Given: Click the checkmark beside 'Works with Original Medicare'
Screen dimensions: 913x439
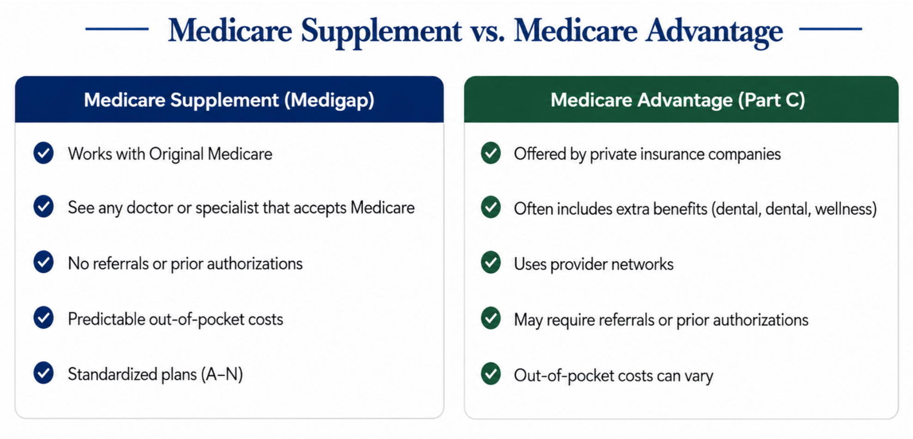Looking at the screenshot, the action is coord(43,153).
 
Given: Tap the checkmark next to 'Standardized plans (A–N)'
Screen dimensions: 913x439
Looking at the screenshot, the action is coord(43,373).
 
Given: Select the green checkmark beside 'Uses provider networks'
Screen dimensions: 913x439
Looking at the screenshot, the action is coord(491,263).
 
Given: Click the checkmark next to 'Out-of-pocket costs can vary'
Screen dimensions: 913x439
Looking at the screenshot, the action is coord(491,374).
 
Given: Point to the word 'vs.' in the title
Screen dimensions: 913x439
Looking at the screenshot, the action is coord(487,31).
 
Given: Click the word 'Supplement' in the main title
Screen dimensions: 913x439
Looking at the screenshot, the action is coord(381,31).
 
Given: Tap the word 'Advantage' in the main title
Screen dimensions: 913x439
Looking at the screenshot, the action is coord(714,31).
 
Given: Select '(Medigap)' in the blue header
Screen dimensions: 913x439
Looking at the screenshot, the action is coord(329,100).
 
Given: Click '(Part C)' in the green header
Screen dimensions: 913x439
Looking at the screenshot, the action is coord(772,100).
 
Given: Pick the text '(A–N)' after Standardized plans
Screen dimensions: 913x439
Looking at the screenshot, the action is coord(222,374).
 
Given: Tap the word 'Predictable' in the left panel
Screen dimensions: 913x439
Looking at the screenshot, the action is coord(107,319).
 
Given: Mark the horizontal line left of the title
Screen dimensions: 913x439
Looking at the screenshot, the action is coord(117,29).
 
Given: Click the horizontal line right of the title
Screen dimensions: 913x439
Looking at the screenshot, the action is coord(830,29).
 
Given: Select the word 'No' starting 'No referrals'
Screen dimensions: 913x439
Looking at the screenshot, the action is coord(79,264).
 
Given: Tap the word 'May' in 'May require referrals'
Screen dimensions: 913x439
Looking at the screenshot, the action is coord(528,320).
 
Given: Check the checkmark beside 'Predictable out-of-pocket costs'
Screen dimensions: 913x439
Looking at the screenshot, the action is coord(43,318).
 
